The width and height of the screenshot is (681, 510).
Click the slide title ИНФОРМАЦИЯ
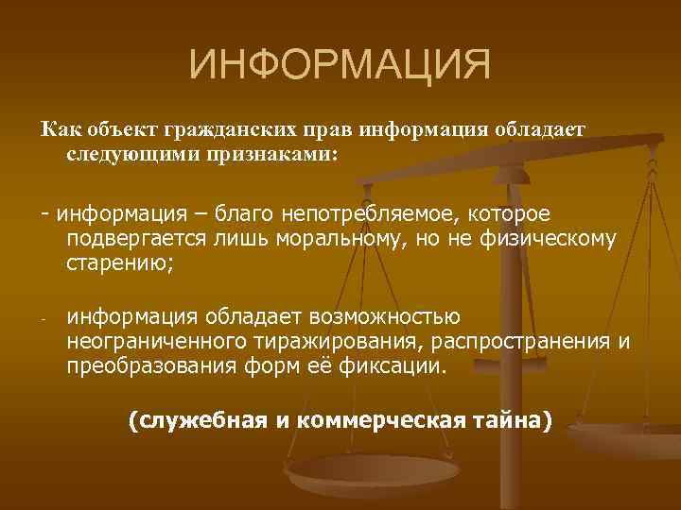pos(340,66)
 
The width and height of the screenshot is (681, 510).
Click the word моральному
pos(350,239)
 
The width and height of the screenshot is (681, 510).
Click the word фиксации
pos(397,365)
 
